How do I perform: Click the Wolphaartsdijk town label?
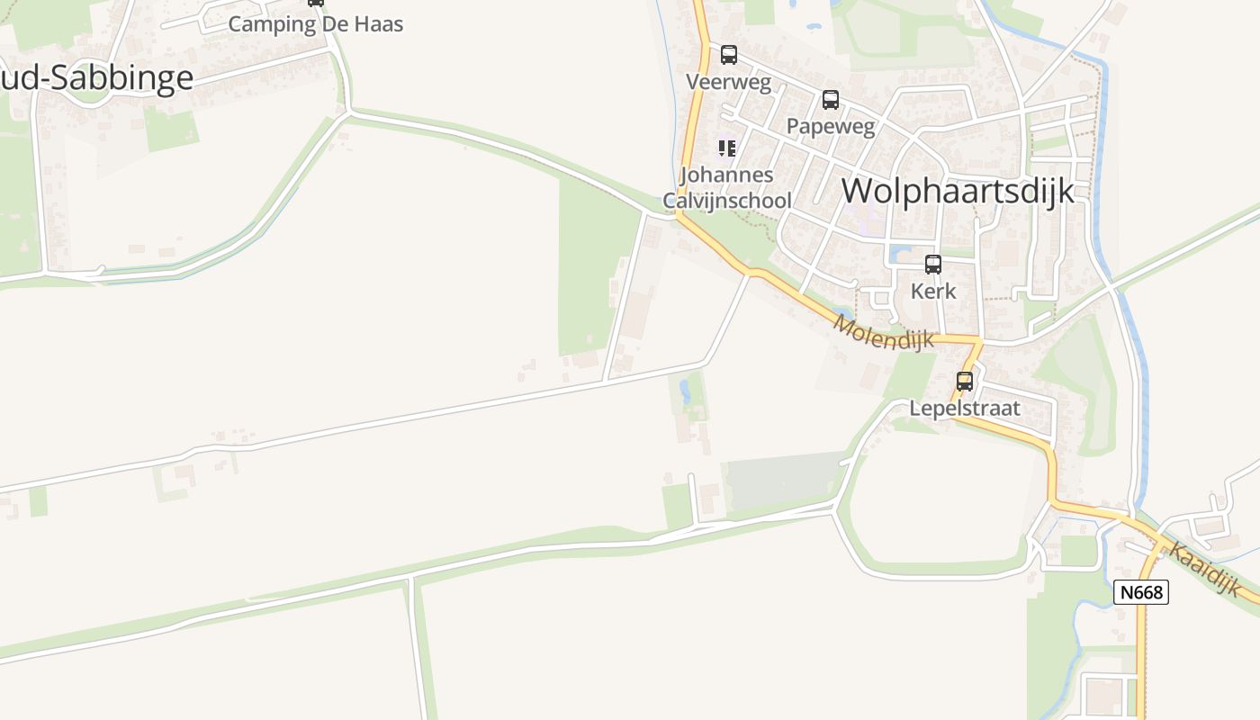[958, 191]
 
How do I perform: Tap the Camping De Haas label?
[315, 24]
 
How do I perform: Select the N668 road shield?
[1140, 592]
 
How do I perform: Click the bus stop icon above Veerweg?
[729, 55]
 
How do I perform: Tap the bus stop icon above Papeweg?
[830, 100]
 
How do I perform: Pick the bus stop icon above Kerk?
[933, 265]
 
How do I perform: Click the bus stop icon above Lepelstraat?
[965, 382]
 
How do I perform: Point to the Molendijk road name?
[884, 333]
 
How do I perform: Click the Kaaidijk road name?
[1205, 568]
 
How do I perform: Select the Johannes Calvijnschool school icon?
[726, 148]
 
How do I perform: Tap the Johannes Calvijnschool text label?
[727, 187]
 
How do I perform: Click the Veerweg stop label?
[729, 82]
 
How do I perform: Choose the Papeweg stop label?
[830, 126]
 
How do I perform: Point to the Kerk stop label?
[933, 291]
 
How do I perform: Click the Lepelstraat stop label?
[965, 408]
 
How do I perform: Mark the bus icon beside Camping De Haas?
[315, 3]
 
